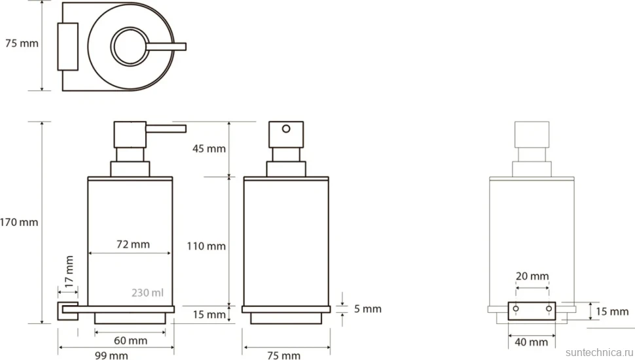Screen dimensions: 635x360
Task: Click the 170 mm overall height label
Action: (19, 222)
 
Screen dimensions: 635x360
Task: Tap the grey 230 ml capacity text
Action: (147, 293)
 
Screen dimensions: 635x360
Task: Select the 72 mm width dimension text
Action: (133, 244)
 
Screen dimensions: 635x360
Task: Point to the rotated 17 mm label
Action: (69, 272)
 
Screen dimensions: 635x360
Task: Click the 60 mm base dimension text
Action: (130, 340)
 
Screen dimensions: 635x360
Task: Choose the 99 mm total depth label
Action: (111, 355)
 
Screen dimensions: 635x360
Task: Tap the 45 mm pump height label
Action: (209, 149)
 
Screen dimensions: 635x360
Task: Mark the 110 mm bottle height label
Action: (206, 246)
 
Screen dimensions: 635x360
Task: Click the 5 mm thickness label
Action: (368, 309)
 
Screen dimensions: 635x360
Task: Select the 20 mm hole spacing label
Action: (532, 276)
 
